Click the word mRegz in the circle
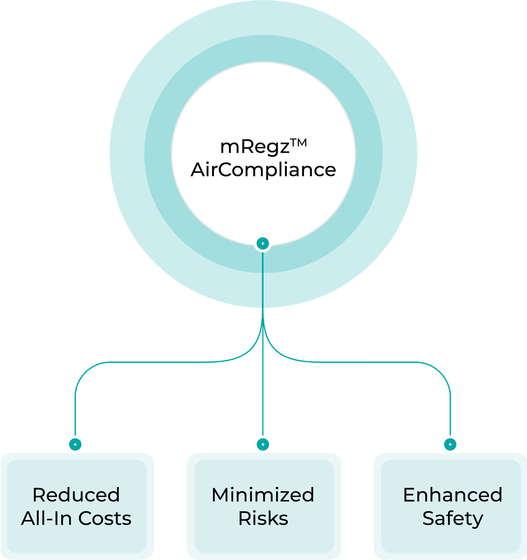[x=255, y=147]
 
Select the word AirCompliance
[x=263, y=170]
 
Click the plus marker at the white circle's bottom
[x=263, y=244]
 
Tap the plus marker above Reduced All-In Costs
[x=75, y=444]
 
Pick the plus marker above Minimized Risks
[x=263, y=444]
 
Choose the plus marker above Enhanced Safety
[x=450, y=444]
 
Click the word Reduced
[x=76, y=495]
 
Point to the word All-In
[x=47, y=518]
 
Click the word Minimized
[x=263, y=495]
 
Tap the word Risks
[x=263, y=518]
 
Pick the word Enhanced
[x=452, y=495]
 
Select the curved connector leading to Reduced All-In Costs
[x=149, y=362]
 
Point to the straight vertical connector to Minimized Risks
[x=263, y=391]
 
